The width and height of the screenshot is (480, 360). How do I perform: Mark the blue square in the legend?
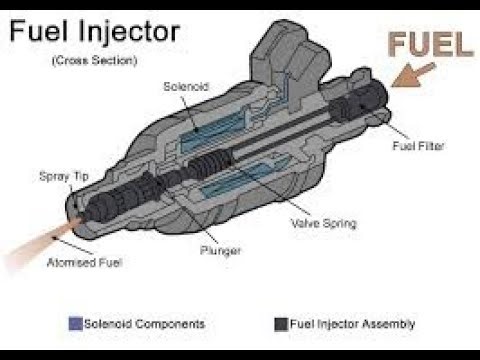(74, 324)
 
